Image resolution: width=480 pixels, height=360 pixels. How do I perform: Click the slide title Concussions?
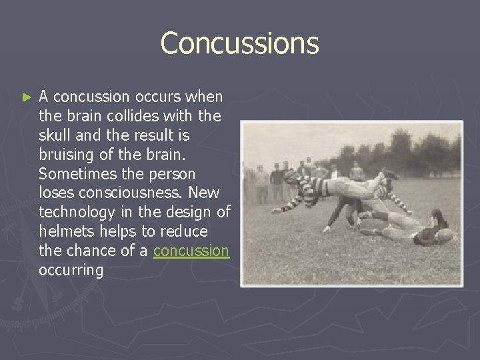[239, 43]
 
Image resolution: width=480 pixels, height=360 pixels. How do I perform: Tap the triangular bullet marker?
[27, 97]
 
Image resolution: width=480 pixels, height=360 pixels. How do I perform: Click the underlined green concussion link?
[191, 251]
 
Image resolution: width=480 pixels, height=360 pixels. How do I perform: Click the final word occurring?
[71, 270]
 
